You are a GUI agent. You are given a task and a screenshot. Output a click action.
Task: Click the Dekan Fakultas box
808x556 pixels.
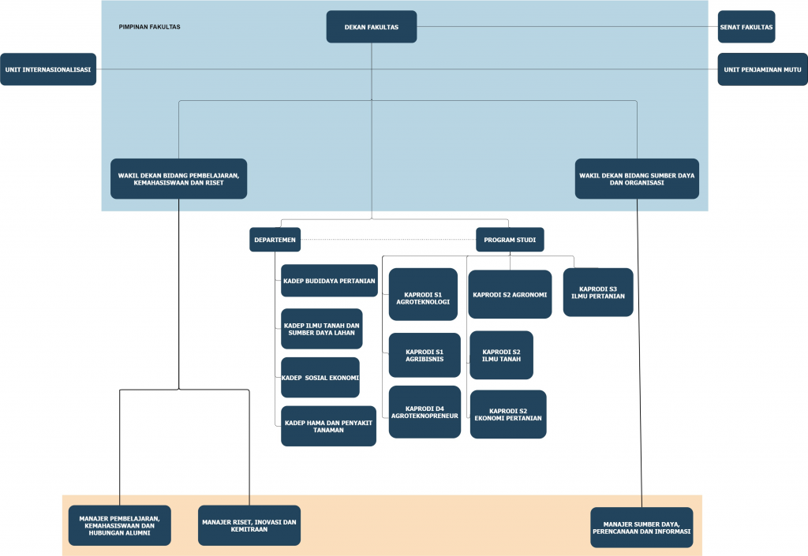pyautogui.click(x=372, y=27)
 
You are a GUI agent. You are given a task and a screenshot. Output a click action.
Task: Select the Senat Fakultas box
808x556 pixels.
pyautogui.click(x=746, y=27)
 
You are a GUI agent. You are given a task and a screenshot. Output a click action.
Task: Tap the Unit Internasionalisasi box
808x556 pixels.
pyautogui.click(x=48, y=69)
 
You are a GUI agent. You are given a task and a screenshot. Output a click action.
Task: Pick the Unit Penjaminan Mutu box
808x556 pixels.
pyautogui.click(x=763, y=69)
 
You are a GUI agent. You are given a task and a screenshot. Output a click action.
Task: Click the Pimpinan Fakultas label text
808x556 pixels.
pyautogui.click(x=149, y=27)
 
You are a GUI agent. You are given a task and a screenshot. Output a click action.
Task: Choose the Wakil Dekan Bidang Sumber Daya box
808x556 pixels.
pyautogui.click(x=637, y=179)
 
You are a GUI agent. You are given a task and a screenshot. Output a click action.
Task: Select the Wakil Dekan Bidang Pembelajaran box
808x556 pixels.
pyautogui.click(x=179, y=179)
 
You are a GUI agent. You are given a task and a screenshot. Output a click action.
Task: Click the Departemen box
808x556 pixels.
pyautogui.click(x=275, y=240)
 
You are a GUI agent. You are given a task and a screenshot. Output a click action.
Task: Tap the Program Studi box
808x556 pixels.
pyautogui.click(x=510, y=240)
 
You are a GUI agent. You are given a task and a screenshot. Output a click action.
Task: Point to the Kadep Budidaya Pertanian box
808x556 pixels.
pyautogui.click(x=329, y=281)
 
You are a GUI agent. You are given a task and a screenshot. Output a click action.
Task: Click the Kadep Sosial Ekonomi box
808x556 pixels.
pyautogui.click(x=320, y=377)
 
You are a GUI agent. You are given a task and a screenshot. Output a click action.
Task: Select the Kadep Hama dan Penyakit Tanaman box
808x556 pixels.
pyautogui.click(x=328, y=426)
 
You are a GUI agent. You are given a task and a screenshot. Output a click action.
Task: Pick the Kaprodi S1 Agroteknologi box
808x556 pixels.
pyautogui.click(x=423, y=294)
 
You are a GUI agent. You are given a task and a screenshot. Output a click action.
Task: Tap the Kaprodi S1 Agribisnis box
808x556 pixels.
pyautogui.click(x=425, y=355)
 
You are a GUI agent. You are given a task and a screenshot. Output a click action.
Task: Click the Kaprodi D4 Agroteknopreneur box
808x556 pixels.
pyautogui.click(x=425, y=412)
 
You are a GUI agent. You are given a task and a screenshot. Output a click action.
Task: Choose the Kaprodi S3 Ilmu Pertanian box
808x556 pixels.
pyautogui.click(x=598, y=293)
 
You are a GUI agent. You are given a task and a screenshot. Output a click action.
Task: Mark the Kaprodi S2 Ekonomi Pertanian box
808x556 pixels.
pyautogui.click(x=508, y=414)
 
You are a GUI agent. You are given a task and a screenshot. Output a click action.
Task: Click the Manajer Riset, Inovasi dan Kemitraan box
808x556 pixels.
pyautogui.click(x=249, y=525)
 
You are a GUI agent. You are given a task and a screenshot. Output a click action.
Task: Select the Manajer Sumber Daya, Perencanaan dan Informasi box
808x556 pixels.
pyautogui.click(x=642, y=528)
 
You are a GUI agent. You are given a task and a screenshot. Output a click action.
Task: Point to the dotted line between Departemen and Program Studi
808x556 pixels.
pyautogui.click(x=388, y=240)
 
